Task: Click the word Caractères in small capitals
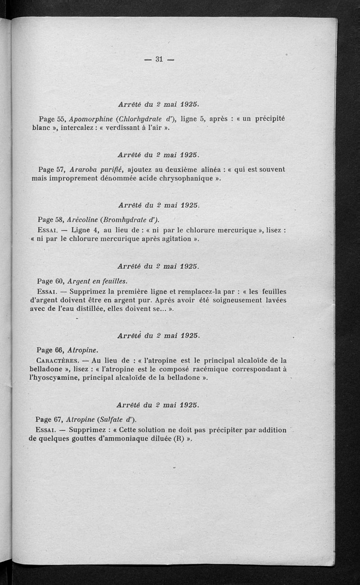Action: click(57, 360)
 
